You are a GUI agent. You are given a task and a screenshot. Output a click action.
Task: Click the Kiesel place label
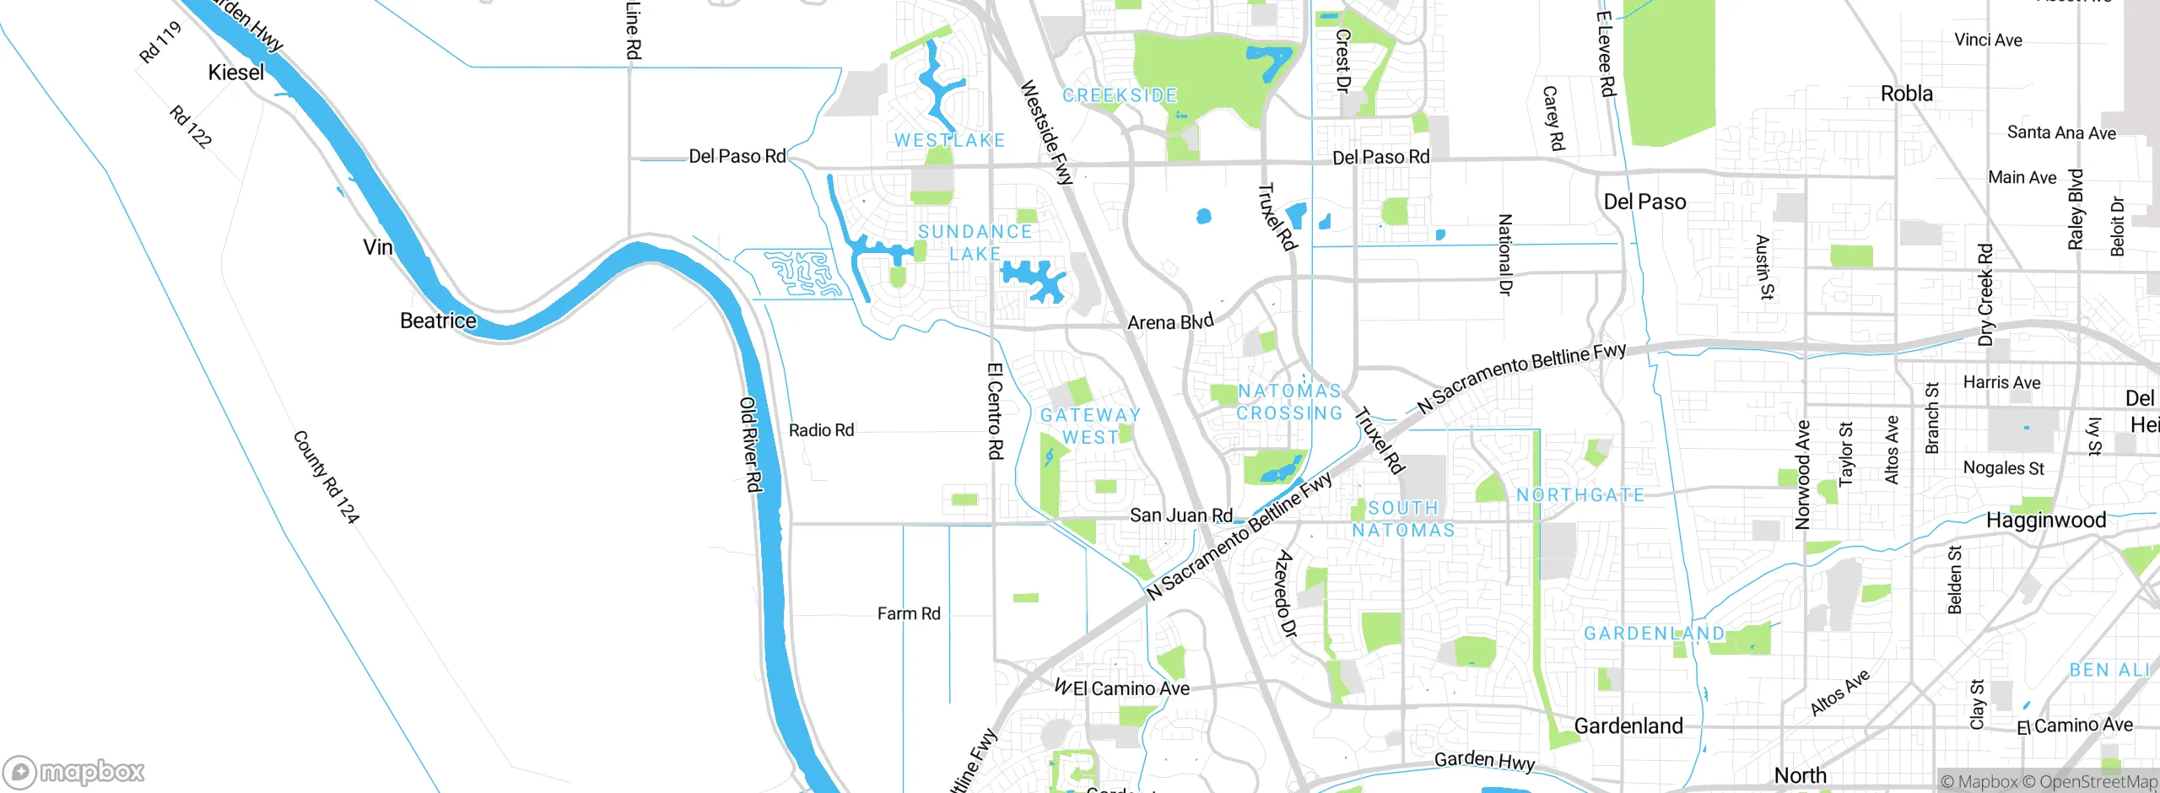pyautogui.click(x=236, y=73)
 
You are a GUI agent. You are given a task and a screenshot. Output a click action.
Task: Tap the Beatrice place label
pyautogui.click(x=438, y=321)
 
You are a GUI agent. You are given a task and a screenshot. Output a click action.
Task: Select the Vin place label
pyautogui.click(x=377, y=247)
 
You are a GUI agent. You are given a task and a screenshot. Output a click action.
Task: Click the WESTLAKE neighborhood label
pyautogui.click(x=949, y=140)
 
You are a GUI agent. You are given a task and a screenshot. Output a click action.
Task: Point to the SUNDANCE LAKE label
pyautogui.click(x=975, y=242)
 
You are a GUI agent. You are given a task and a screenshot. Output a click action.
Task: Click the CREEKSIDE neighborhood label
pyautogui.click(x=1119, y=95)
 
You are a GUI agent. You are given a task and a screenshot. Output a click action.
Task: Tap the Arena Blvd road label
pyautogui.click(x=1170, y=321)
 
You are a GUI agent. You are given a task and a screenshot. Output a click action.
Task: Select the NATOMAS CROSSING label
pyautogui.click(x=1289, y=402)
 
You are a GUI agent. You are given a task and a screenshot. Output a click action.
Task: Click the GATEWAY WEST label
pyautogui.click(x=1090, y=426)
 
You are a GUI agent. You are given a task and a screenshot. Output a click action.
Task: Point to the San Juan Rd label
pyautogui.click(x=1180, y=515)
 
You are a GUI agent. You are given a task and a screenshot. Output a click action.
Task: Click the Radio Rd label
pyautogui.click(x=821, y=430)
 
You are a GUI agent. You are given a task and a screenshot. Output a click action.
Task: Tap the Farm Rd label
pyautogui.click(x=908, y=613)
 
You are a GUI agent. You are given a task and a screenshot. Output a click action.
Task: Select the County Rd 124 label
pyautogui.click(x=326, y=477)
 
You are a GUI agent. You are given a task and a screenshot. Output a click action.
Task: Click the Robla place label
pyautogui.click(x=1906, y=94)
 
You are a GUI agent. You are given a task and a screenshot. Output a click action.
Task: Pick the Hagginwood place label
pyautogui.click(x=2045, y=520)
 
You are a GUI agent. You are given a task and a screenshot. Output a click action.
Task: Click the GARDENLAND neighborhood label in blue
pyautogui.click(x=1654, y=634)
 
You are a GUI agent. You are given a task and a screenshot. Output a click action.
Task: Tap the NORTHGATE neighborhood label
pyautogui.click(x=1580, y=495)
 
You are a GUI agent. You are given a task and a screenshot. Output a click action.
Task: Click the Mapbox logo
pyautogui.click(x=74, y=771)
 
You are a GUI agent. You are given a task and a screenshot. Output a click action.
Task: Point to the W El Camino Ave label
pyautogui.click(x=1122, y=688)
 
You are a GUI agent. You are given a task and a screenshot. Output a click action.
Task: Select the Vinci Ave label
pyautogui.click(x=1988, y=40)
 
